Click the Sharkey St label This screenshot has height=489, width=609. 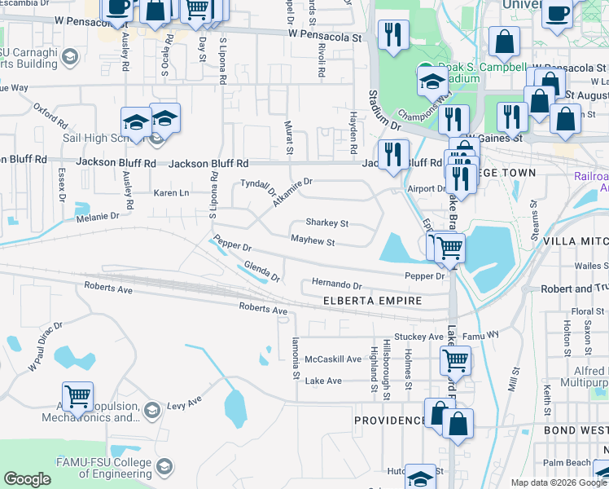click(326, 222)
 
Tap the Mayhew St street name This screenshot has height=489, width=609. click(313, 241)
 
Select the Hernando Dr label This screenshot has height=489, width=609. click(335, 285)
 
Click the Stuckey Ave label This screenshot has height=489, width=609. click(418, 337)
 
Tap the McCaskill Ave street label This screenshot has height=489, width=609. click(332, 359)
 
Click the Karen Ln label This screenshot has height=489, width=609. click(171, 193)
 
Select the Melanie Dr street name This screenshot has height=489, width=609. click(98, 216)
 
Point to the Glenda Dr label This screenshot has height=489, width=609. click(262, 272)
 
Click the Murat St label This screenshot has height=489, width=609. click(289, 137)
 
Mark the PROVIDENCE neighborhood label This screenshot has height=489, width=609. click(389, 421)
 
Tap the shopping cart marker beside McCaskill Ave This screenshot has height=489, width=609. click(455, 359)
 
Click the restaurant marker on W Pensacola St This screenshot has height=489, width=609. click(393, 35)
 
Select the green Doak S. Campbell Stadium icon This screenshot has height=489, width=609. click(424, 68)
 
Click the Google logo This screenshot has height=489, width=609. click(27, 479)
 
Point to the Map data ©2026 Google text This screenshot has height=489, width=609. click(558, 482)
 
